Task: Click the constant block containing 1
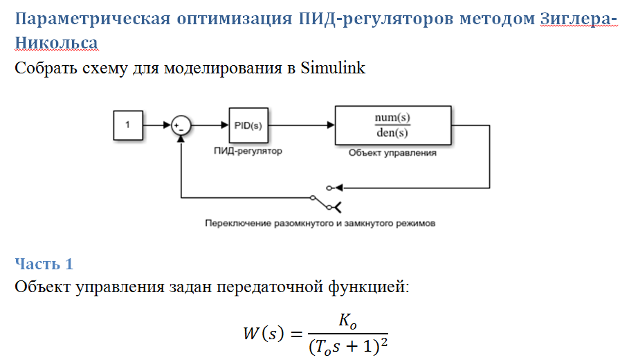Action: pyautogui.click(x=128, y=125)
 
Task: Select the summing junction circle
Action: pyautogui.click(x=181, y=125)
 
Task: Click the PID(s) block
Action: pyautogui.click(x=248, y=125)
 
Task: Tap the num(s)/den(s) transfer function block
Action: pyautogui.click(x=392, y=125)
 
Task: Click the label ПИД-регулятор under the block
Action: pyautogui.click(x=248, y=151)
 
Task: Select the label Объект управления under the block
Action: pyautogui.click(x=392, y=152)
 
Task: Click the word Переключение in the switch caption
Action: pyautogui.click(x=235, y=224)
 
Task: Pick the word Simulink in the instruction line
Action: pyautogui.click(x=332, y=68)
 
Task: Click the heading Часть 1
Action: pyautogui.click(x=44, y=264)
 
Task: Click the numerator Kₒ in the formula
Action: pyautogui.click(x=347, y=321)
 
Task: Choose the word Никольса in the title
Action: pyautogui.click(x=56, y=43)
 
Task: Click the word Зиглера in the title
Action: pyautogui.click(x=575, y=19)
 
